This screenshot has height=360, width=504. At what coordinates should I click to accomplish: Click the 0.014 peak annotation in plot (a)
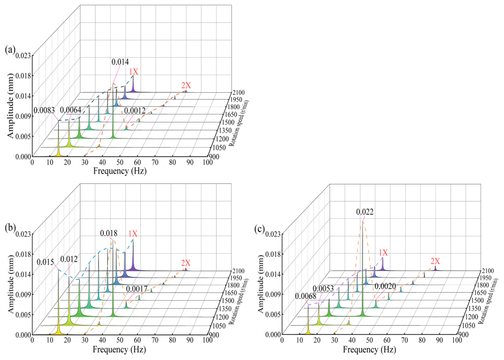click(120, 62)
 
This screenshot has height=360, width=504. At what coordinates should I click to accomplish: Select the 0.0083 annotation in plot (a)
click(44, 110)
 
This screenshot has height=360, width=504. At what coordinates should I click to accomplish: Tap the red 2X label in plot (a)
click(186, 85)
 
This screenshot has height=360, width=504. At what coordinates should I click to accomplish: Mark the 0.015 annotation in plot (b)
click(46, 261)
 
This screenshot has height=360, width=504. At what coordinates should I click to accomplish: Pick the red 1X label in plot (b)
click(133, 233)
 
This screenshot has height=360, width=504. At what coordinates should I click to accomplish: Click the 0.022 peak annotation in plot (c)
click(365, 212)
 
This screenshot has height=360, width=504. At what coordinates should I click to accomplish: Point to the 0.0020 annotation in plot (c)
click(386, 286)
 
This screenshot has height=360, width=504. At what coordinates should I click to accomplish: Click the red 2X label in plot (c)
click(435, 261)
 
